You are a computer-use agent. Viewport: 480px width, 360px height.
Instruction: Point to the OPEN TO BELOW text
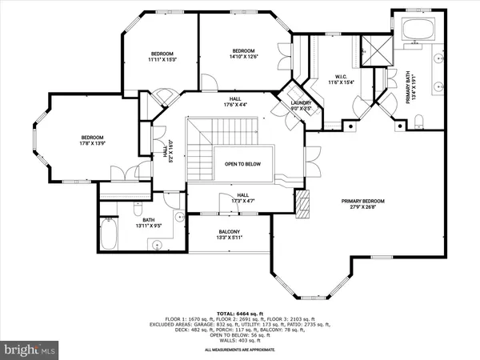click(x=242, y=163)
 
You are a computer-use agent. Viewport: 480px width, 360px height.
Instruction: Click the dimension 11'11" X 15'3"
click(x=162, y=58)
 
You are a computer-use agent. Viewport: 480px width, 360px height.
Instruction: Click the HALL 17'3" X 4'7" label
click(x=243, y=198)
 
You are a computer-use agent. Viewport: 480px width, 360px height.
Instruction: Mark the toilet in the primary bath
click(x=420, y=122)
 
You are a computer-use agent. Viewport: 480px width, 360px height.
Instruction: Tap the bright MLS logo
click(x=30, y=349)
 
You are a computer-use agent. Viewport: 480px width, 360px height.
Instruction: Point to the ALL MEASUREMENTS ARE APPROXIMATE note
click(x=239, y=350)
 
